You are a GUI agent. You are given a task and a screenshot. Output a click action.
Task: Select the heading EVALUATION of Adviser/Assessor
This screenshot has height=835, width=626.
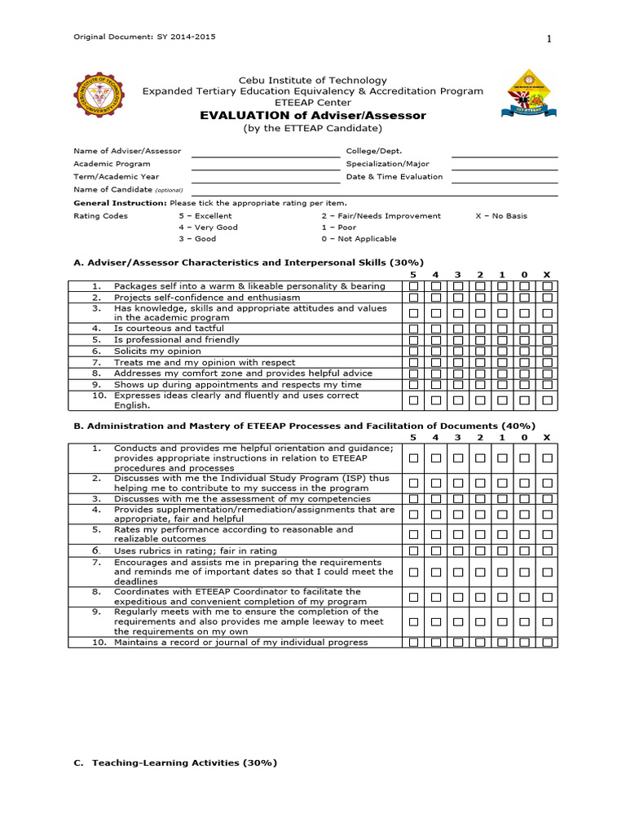313,116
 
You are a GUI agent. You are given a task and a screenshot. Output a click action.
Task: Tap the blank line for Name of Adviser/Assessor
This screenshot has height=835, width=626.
265,152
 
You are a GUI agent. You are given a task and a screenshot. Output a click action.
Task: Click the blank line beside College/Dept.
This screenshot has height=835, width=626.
504,152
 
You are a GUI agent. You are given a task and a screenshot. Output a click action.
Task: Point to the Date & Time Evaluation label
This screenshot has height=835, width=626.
395,176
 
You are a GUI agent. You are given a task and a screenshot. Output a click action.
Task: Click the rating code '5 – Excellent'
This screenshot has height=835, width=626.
205,216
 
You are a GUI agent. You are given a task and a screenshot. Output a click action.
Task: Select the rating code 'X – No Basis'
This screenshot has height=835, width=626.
501,216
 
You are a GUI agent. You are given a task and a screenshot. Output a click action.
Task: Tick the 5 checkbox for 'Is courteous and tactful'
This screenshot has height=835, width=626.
414,329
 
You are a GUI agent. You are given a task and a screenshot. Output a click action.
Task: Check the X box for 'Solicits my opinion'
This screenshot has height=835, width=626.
547,351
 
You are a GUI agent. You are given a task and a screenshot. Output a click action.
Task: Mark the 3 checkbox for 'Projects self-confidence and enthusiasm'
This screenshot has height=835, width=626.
458,298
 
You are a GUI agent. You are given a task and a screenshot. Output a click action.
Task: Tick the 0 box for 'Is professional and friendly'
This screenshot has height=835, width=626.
525,340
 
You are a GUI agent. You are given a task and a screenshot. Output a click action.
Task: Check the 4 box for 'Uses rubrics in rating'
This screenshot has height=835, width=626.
436,552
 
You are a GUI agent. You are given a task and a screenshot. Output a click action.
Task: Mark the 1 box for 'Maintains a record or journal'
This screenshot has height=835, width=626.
503,643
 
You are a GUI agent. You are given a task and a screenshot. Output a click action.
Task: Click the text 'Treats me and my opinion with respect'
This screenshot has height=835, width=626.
205,362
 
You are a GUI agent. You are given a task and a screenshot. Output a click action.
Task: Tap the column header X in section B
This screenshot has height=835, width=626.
547,438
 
